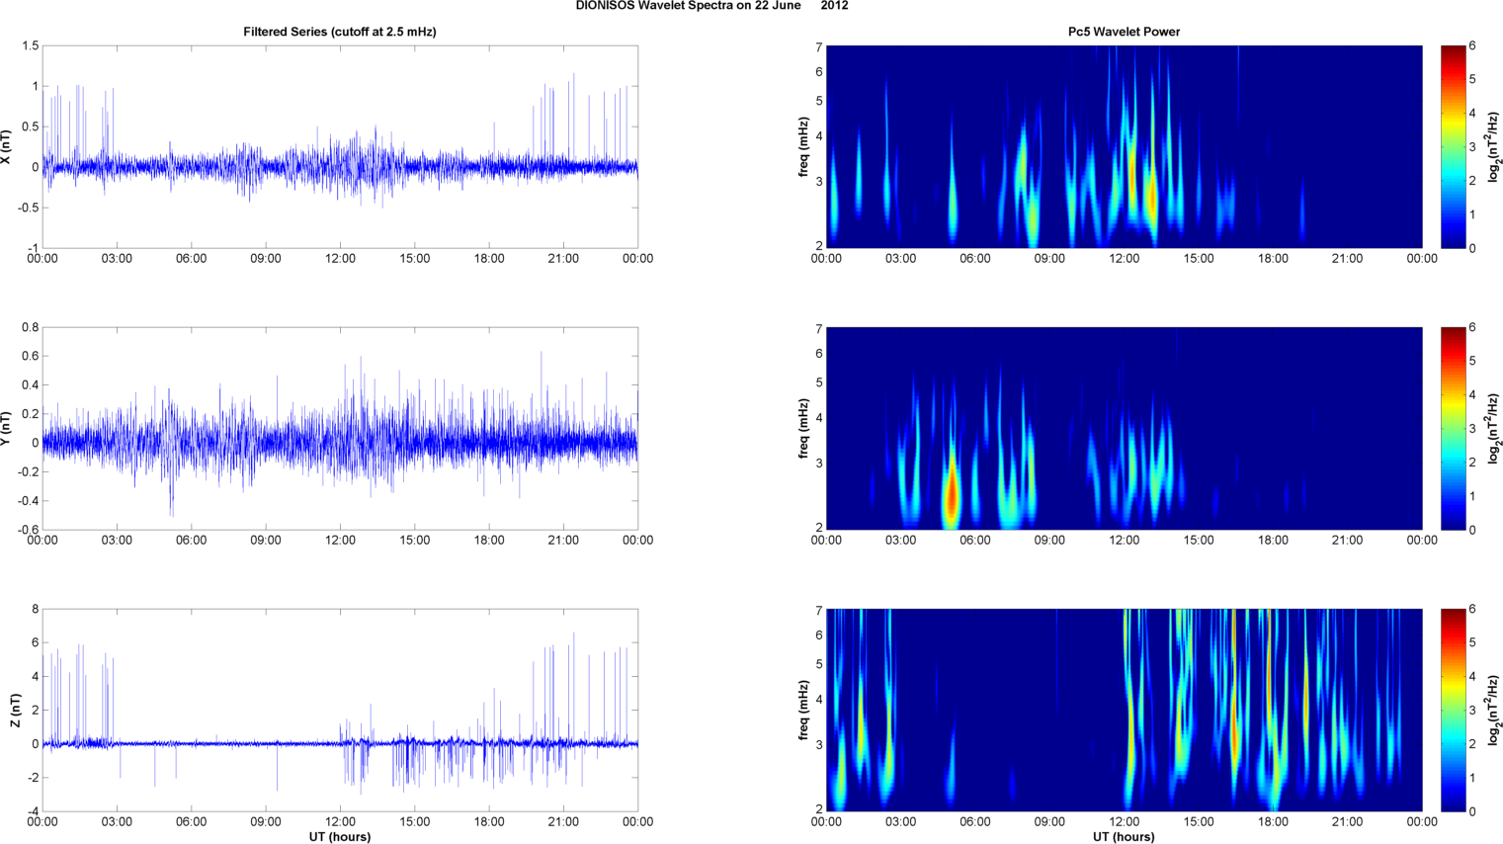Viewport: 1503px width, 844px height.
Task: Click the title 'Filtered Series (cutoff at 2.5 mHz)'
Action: click(339, 32)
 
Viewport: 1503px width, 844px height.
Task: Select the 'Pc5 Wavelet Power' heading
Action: click(1124, 32)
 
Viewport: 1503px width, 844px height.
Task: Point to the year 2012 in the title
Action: click(834, 6)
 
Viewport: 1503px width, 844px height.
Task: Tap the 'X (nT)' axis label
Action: click(7, 147)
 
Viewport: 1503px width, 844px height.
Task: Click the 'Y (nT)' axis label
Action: click(7, 429)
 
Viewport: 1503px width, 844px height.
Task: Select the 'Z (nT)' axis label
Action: click(15, 711)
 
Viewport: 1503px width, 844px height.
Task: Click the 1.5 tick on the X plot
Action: click(30, 46)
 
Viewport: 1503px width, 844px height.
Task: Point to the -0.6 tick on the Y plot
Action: click(28, 530)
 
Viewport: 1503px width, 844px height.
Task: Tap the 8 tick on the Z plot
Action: click(35, 610)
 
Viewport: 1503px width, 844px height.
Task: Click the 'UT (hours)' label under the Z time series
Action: click(339, 837)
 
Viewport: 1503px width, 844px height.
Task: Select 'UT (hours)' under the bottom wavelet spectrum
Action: click(1124, 837)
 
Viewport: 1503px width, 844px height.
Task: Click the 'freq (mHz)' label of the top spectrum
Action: click(804, 147)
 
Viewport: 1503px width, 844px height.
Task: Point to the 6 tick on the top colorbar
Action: click(1472, 46)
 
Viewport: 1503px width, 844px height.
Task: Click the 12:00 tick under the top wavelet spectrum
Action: click(1124, 259)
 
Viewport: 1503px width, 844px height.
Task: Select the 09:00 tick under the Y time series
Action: click(266, 541)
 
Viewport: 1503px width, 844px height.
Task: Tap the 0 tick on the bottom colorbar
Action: click(1472, 811)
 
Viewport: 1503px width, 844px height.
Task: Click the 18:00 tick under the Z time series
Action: click(489, 822)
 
